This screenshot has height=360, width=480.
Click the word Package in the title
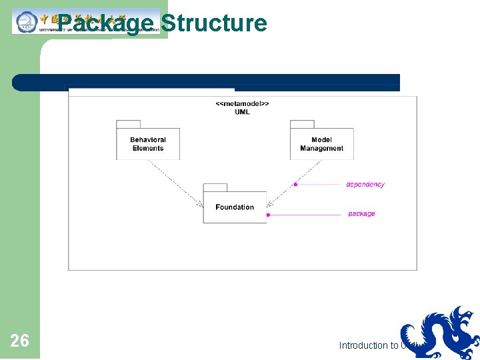[x=105, y=23]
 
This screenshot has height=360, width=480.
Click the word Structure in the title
[x=213, y=23]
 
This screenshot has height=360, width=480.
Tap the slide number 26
[x=19, y=341]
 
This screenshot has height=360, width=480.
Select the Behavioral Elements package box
[x=148, y=144]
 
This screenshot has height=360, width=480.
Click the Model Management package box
[x=321, y=144]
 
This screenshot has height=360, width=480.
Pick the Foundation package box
[x=235, y=207]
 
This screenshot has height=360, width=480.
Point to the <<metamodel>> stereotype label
[x=242, y=104]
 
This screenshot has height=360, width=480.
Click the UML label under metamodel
[x=242, y=112]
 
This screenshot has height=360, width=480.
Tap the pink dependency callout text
[x=365, y=185]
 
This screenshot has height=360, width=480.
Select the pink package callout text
[x=361, y=214]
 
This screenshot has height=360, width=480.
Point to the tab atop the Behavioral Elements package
[x=128, y=124]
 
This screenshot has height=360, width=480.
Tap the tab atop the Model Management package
[x=301, y=124]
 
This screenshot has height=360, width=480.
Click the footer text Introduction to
[x=368, y=345]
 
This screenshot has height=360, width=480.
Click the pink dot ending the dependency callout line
[x=295, y=184]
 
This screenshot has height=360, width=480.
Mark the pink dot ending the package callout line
[x=268, y=215]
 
